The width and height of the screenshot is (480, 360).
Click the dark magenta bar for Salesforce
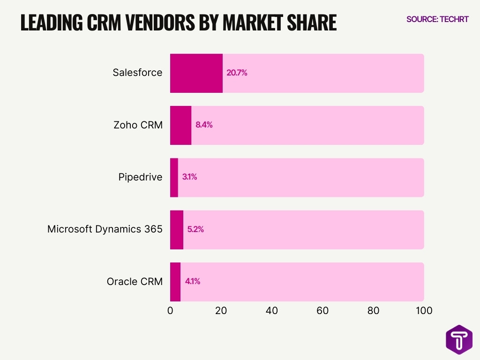(x=196, y=73)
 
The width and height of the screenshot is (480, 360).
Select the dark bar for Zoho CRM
(x=180, y=125)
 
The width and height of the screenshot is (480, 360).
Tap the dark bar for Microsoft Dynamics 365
(x=177, y=230)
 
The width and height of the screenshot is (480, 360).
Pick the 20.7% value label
(x=237, y=73)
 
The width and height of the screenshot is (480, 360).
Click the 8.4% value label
(x=204, y=125)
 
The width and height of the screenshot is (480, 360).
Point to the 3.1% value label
(x=189, y=177)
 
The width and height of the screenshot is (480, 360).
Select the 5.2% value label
(x=195, y=230)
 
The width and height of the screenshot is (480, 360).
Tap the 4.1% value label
(x=193, y=282)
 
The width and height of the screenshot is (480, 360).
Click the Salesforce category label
(x=137, y=73)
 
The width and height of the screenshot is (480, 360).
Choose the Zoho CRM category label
(x=138, y=125)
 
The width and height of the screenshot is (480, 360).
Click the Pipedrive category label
(x=140, y=177)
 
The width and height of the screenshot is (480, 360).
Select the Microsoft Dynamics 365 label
(x=105, y=229)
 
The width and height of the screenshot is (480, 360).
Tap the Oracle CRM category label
(x=135, y=282)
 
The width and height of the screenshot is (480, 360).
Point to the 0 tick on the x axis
(x=170, y=310)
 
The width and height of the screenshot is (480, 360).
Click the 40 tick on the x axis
(x=272, y=310)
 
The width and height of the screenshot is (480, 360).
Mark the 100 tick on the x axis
(x=424, y=310)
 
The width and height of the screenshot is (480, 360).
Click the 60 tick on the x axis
(x=322, y=310)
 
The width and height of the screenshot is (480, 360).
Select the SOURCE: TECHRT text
(x=437, y=19)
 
